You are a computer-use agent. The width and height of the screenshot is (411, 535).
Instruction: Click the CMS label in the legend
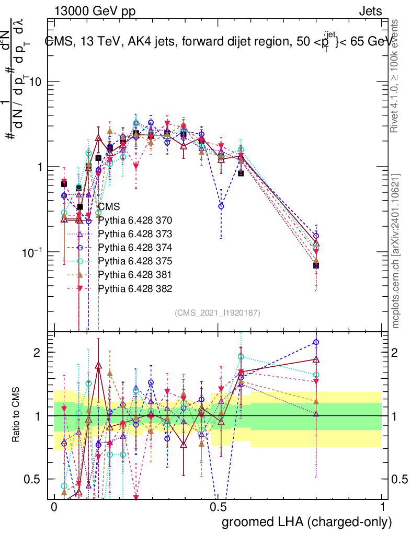(109, 206)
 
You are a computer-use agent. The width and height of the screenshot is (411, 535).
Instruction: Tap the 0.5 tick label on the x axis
(218, 508)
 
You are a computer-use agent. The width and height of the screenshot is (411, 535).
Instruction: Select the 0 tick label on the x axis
(54, 508)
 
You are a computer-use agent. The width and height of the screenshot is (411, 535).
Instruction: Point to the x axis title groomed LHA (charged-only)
(307, 522)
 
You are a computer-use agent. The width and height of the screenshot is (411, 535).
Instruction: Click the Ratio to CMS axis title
(17, 416)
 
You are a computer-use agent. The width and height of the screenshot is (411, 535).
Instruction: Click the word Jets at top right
(370, 11)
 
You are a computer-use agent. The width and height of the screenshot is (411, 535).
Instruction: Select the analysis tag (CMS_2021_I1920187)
(218, 312)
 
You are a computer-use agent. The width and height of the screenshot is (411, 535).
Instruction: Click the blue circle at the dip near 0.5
(221, 206)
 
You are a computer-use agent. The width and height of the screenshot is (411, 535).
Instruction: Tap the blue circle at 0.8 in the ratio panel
(316, 343)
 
